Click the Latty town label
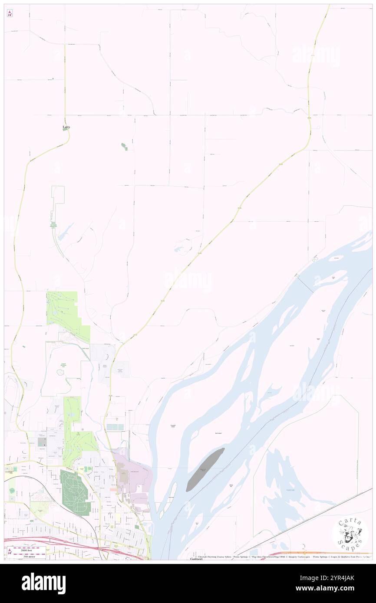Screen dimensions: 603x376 tap(66, 127)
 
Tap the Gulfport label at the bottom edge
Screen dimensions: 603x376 tap(196, 559)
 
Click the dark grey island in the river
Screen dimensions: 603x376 tap(205, 469)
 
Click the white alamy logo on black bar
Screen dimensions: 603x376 tap(43, 583)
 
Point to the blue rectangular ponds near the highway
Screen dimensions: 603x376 tap(115, 427)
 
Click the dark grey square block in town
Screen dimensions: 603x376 tap(42, 442)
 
